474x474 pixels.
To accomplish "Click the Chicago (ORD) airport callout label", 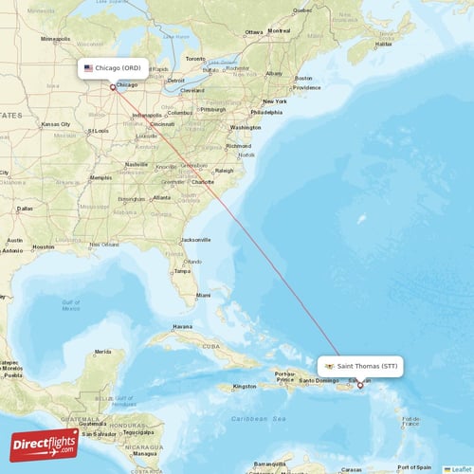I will click(x=113, y=68).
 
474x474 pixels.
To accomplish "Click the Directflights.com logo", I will click(x=45, y=444).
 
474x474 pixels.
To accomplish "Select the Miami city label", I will click(x=203, y=296).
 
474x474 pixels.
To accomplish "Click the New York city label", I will click(x=275, y=101).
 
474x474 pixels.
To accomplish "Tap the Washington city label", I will click(x=245, y=127).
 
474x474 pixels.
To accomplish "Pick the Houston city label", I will click(x=44, y=247).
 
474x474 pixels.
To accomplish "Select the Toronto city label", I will click(x=195, y=59).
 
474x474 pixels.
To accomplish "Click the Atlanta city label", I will click(x=162, y=197).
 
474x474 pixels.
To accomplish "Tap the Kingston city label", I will click(x=245, y=386).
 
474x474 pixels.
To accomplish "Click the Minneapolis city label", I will click(x=56, y=39).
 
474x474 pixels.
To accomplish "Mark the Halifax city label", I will click(x=383, y=44).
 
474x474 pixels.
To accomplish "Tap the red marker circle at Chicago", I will click(x=113, y=88).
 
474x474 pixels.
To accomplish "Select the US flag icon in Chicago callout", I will click(x=88, y=68).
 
